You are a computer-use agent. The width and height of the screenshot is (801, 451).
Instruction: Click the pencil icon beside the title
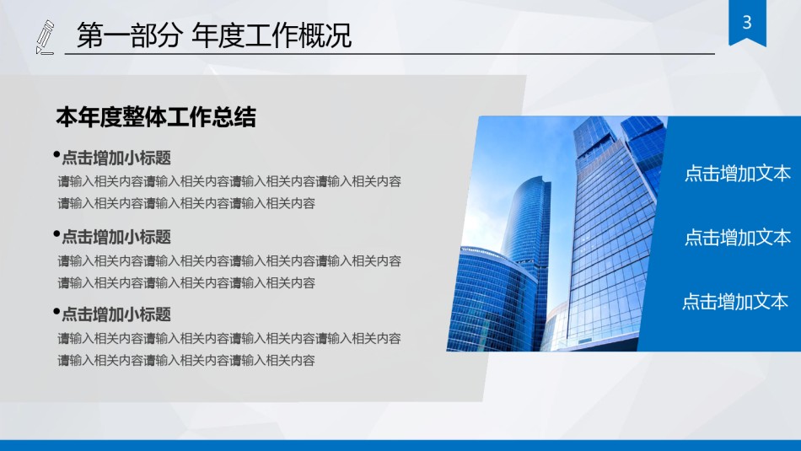point(45,38)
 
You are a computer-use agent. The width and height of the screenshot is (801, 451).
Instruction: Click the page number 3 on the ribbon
point(746,23)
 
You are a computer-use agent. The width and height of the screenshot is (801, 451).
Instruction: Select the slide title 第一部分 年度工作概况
point(214,36)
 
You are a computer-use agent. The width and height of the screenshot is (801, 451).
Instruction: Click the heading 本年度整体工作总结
point(156,118)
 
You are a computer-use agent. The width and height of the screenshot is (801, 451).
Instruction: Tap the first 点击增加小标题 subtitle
point(116,158)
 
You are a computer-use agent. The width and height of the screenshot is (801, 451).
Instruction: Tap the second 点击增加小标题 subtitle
point(116,237)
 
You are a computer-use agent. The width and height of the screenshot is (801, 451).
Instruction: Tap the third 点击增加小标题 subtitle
point(116,314)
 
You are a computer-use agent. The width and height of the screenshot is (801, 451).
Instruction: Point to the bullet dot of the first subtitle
point(56,155)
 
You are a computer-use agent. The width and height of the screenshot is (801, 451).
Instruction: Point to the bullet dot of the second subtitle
point(56,234)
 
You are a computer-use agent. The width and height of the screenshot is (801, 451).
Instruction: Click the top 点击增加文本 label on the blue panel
point(738,174)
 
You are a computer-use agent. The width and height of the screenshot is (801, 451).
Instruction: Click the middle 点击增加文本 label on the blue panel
point(738,238)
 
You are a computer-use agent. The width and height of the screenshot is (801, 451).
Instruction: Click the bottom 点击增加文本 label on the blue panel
point(735,302)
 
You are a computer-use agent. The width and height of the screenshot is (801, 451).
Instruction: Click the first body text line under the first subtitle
point(229,181)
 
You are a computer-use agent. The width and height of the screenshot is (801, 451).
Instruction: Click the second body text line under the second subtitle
point(186,283)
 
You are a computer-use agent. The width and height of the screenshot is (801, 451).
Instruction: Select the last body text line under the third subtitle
point(186,361)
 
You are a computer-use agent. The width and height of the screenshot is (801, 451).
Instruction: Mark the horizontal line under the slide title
point(388,54)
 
